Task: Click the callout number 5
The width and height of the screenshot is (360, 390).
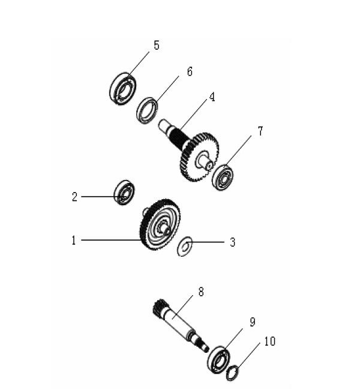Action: [x=157, y=46]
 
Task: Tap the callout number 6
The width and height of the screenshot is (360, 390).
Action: [x=190, y=72]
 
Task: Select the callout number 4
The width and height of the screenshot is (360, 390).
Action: [x=212, y=97]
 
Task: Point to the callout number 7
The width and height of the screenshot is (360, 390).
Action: [x=260, y=131]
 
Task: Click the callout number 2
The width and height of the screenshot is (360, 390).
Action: [x=75, y=196]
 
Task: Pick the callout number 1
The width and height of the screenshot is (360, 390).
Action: [x=74, y=241]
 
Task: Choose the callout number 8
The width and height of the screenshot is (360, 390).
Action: [x=201, y=292]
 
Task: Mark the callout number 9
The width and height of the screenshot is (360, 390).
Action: [x=253, y=322]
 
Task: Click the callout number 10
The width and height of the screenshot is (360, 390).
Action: [x=269, y=341]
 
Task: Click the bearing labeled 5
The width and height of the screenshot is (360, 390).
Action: [x=122, y=88]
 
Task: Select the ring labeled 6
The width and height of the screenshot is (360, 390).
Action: [x=147, y=110]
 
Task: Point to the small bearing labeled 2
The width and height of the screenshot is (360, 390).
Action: [x=124, y=193]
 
